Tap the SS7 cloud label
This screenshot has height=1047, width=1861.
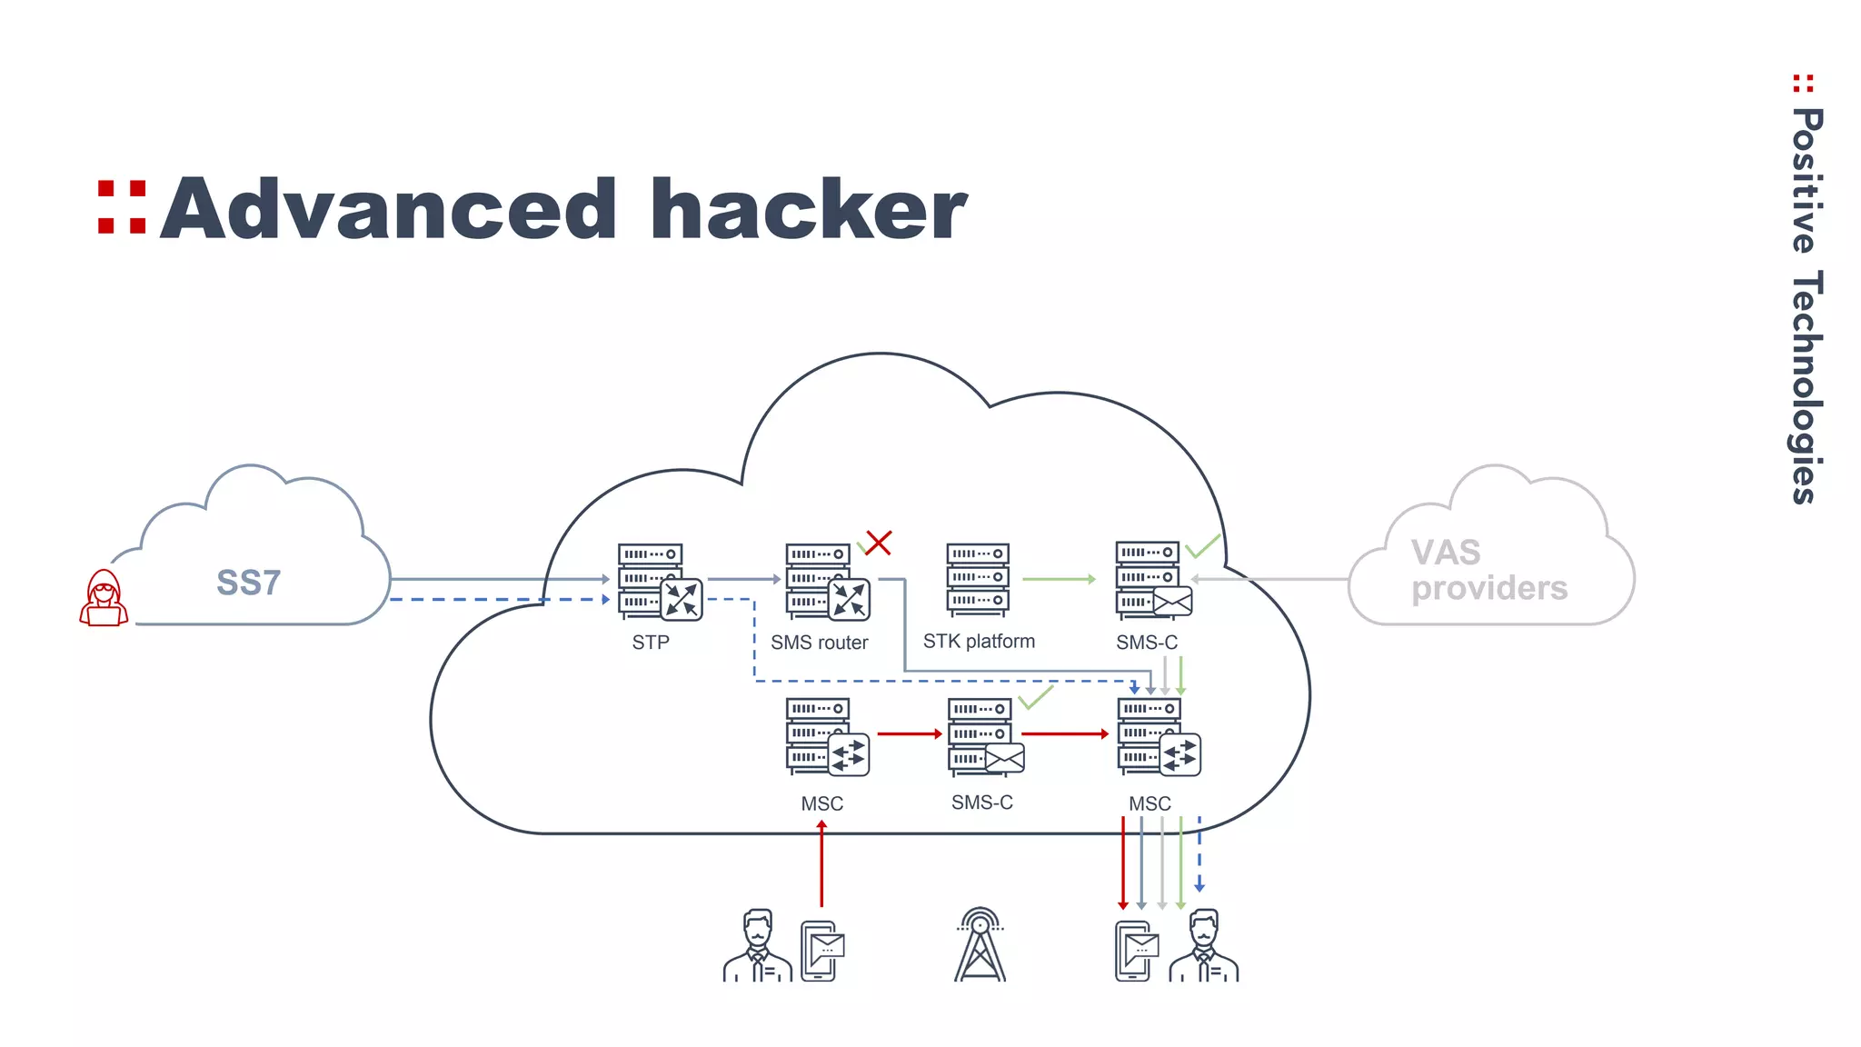[248, 583]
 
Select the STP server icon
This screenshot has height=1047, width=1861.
[658, 582]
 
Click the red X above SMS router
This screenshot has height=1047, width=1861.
[878, 543]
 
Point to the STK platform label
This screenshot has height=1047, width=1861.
[979, 642]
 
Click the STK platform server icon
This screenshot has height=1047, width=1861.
[978, 580]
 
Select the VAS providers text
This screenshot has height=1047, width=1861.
[1488, 571]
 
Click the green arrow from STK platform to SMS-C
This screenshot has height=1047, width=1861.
[1059, 579]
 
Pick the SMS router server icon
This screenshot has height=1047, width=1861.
[826, 582]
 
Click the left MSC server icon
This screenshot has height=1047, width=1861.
[826, 737]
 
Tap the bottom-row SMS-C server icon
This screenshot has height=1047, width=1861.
[984, 737]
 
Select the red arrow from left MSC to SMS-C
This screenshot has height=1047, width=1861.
[909, 733]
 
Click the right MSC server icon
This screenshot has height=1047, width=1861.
[1157, 737]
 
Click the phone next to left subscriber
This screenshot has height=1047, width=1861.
[821, 951]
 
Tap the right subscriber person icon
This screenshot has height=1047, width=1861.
[1203, 947]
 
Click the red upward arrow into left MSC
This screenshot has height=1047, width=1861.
[821, 863]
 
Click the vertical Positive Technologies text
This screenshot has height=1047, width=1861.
[1806, 304]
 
